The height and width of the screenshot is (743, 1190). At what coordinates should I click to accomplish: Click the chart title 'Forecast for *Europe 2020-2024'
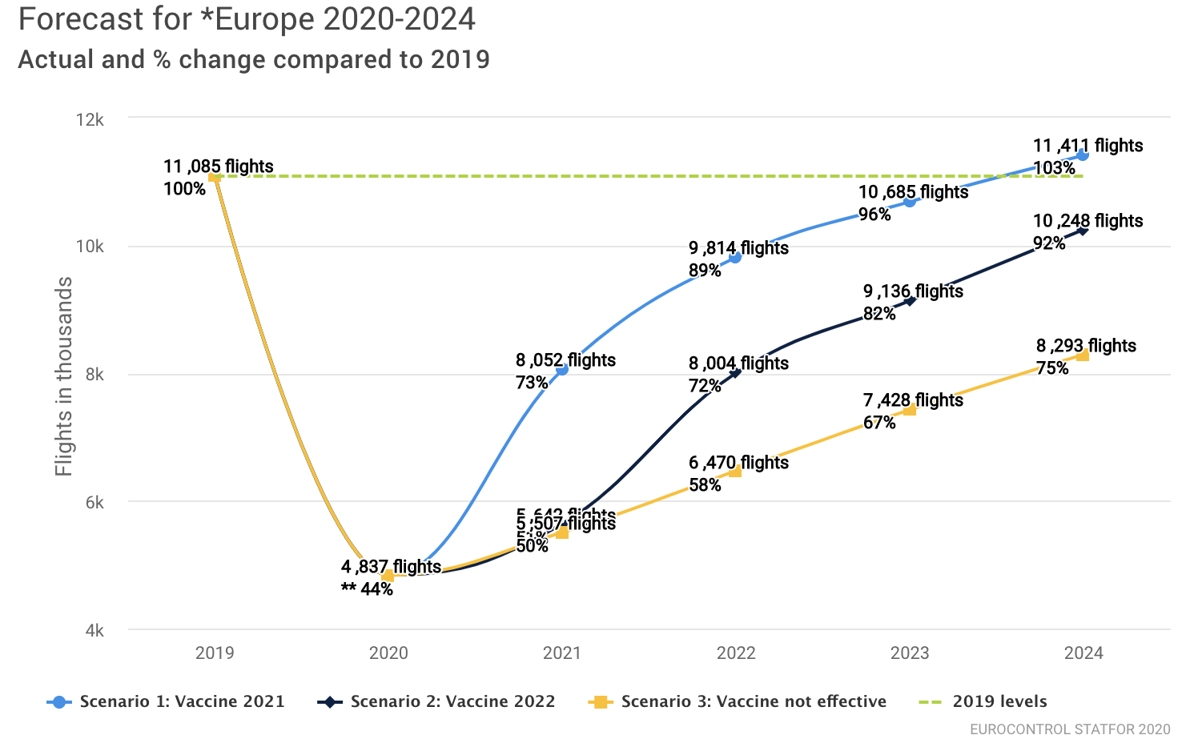coord(247,19)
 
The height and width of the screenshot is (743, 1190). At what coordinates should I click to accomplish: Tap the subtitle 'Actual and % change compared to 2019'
coord(254,60)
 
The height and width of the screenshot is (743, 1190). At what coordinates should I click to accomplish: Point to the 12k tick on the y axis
coord(90,119)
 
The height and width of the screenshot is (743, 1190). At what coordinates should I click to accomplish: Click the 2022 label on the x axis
coord(736,653)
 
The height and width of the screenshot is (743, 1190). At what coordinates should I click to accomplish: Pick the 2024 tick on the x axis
coord(1083,653)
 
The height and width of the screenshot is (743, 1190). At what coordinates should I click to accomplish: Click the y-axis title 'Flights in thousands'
coord(64,376)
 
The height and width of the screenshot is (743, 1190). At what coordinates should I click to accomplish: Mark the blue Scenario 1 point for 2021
coord(562,369)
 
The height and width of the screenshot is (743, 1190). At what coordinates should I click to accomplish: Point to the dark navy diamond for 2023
coord(910,300)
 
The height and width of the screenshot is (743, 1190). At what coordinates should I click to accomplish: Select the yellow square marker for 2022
coord(735,471)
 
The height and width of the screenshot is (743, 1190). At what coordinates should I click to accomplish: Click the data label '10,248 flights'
coord(1087,221)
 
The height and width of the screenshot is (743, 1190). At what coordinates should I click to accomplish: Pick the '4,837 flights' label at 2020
coord(391,567)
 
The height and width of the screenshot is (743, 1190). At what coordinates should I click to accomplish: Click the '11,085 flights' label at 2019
coord(219,167)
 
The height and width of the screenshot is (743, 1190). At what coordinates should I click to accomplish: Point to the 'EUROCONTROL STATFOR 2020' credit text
coord(1070,729)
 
